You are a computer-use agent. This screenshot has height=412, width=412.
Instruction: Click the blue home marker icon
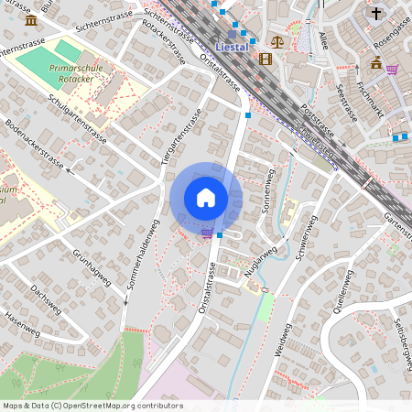click(206, 198)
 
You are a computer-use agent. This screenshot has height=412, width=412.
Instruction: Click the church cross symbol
click(376, 14)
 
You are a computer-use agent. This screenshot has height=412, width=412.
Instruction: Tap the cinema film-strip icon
click(266, 59)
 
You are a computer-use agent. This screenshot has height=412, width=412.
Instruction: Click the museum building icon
click(32, 19)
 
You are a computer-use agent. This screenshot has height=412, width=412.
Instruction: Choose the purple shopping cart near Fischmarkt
click(392, 69)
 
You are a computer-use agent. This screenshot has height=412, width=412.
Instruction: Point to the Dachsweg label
click(45, 298)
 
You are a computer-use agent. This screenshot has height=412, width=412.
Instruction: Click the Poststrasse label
click(309, 116)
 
